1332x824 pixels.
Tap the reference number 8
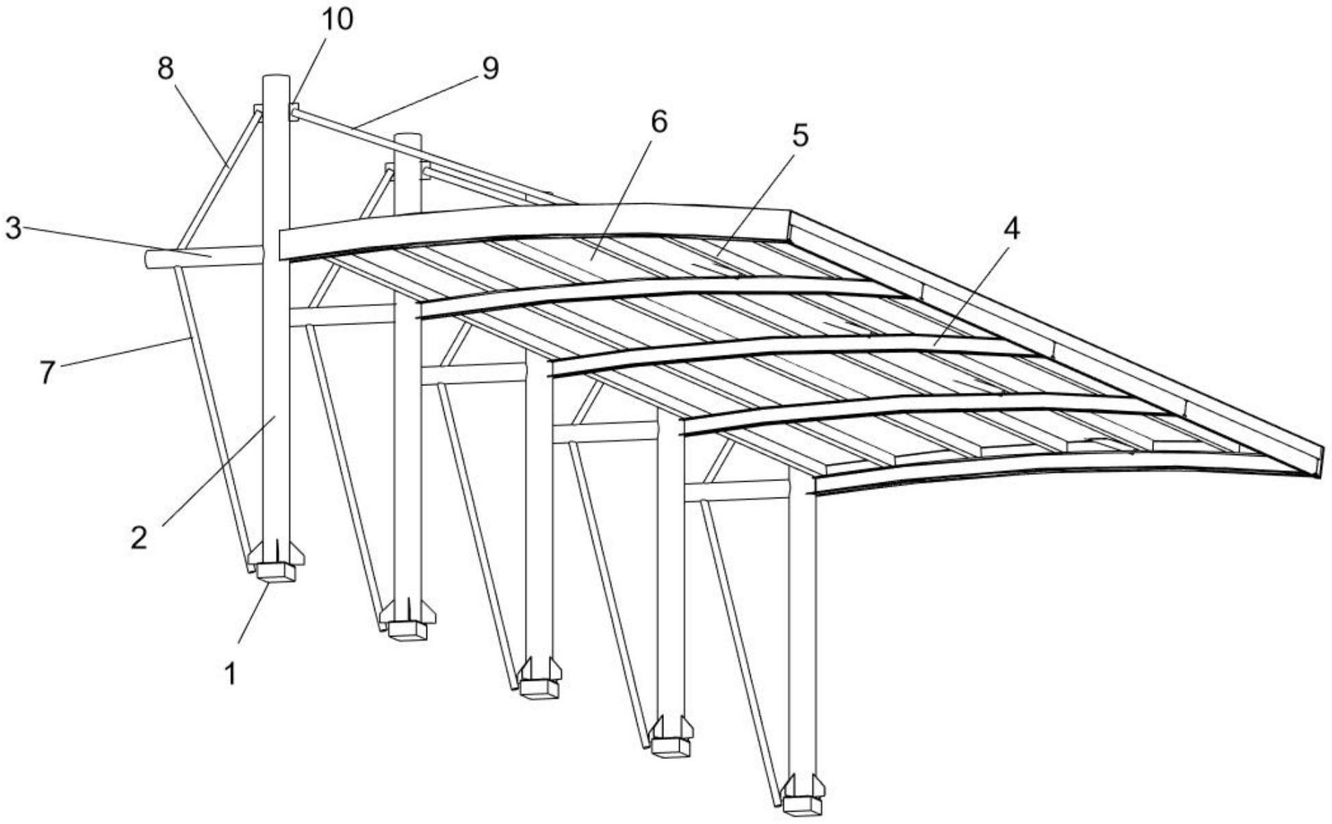click(x=166, y=69)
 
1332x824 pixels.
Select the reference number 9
click(x=490, y=68)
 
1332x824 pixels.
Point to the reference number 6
click(x=658, y=122)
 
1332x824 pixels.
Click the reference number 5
click(x=799, y=136)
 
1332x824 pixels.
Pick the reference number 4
click(x=1011, y=229)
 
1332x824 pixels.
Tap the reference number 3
click(x=14, y=229)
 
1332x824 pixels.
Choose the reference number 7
click(x=47, y=372)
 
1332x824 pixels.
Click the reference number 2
click(x=139, y=538)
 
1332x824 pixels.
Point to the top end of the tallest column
click(x=276, y=77)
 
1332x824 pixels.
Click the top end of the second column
click(x=408, y=137)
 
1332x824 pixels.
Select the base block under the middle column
click(x=539, y=688)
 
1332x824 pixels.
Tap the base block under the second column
click(x=409, y=630)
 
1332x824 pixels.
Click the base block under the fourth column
click(x=671, y=746)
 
